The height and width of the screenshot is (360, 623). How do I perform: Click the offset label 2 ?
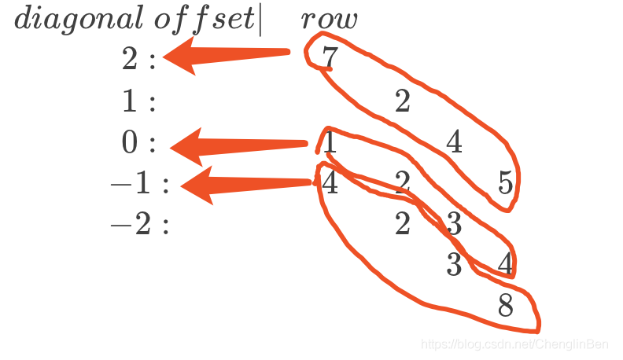[x=139, y=60]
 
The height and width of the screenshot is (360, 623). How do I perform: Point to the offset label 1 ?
[x=139, y=101]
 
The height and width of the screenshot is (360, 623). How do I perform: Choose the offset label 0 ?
[x=139, y=143]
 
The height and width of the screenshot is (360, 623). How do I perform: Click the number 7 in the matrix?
[x=330, y=59]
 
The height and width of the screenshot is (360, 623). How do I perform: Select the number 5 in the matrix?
[x=506, y=183]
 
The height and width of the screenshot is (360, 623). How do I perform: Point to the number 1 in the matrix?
[x=330, y=142]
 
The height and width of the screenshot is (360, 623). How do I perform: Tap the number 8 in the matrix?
[x=506, y=306]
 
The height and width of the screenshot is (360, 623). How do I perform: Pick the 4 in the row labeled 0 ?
[x=454, y=142]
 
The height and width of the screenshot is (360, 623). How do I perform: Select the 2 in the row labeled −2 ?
[x=403, y=225]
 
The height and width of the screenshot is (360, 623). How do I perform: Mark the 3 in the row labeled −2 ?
[x=454, y=225]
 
